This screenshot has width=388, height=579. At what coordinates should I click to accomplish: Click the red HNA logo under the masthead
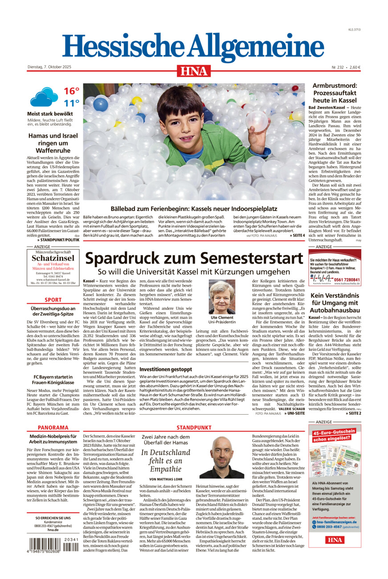(194, 71)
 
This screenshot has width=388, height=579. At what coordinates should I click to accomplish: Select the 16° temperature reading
(71, 91)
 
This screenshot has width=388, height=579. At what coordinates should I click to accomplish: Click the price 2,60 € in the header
(355, 67)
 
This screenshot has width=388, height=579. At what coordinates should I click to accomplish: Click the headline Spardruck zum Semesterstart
(194, 258)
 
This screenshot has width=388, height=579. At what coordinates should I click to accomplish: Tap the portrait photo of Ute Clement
(222, 297)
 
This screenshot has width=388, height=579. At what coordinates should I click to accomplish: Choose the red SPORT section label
(53, 300)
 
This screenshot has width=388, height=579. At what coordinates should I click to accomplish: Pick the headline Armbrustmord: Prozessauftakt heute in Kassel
(335, 93)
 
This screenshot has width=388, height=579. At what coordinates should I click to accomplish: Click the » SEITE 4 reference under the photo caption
(297, 236)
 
